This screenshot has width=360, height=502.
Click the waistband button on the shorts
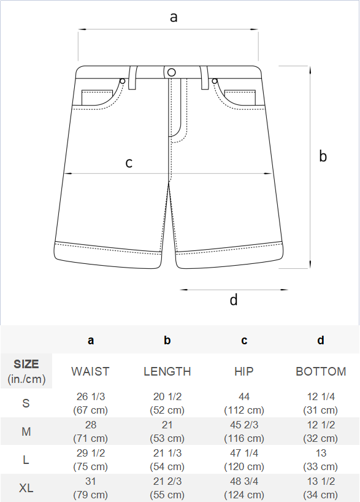coord(172,72)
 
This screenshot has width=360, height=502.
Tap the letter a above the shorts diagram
coord(174,17)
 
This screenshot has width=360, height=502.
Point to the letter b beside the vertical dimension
coord(323,156)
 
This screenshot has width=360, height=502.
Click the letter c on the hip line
coord(129,163)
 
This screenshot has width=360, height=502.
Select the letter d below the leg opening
coord(234,299)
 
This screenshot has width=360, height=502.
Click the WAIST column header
coord(91,371)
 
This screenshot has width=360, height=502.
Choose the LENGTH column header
coord(167,371)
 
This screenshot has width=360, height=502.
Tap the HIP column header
coord(244,371)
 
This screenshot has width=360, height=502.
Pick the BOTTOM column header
coord(321,371)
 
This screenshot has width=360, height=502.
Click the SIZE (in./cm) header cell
coord(26,371)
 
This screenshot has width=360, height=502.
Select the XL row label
coord(26,488)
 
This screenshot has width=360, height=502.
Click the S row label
coord(26,403)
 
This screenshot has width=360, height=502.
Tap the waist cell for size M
coord(91,431)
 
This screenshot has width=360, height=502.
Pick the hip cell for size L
coord(244,460)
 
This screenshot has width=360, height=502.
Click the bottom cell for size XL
coord(321,488)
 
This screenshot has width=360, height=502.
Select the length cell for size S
coord(167,403)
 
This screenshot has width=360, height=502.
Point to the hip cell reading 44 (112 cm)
coord(244,403)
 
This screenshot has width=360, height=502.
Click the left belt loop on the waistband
coord(132,77)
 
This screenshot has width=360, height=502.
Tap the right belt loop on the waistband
coord(204,77)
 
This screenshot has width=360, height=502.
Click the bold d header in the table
coord(321,340)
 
